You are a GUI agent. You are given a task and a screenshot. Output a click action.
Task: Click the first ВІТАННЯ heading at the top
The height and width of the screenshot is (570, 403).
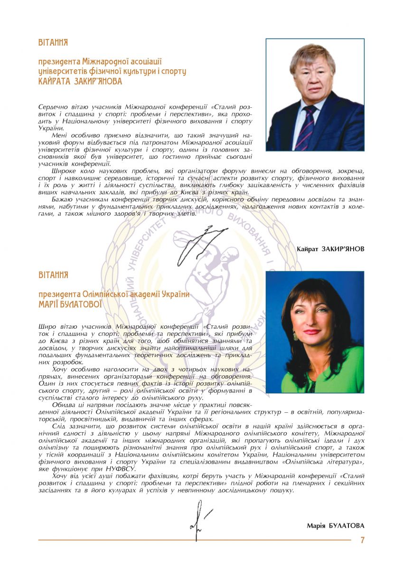tap(53, 43)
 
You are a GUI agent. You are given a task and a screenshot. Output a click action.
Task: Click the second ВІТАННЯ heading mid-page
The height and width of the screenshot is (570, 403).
tap(53, 275)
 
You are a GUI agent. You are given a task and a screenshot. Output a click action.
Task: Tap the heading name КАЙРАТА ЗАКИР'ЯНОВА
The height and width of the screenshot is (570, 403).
tap(80, 82)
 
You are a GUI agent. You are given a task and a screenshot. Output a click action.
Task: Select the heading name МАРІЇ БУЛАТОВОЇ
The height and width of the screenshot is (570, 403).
tap(70, 304)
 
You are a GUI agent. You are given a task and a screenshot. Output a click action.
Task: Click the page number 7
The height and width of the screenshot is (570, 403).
tap(362, 540)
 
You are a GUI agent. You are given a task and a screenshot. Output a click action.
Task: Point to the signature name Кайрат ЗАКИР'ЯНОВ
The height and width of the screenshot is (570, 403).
tap(330, 249)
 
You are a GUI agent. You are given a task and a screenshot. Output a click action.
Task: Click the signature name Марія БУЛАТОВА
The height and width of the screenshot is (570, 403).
tap(336, 525)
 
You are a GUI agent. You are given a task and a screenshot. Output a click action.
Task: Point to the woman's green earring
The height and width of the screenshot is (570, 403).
tap(295, 336)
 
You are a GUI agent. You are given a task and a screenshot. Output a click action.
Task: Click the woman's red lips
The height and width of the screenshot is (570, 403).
tap(312, 332)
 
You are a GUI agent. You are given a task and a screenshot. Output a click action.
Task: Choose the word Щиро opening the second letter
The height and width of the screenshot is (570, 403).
tap(46, 327)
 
